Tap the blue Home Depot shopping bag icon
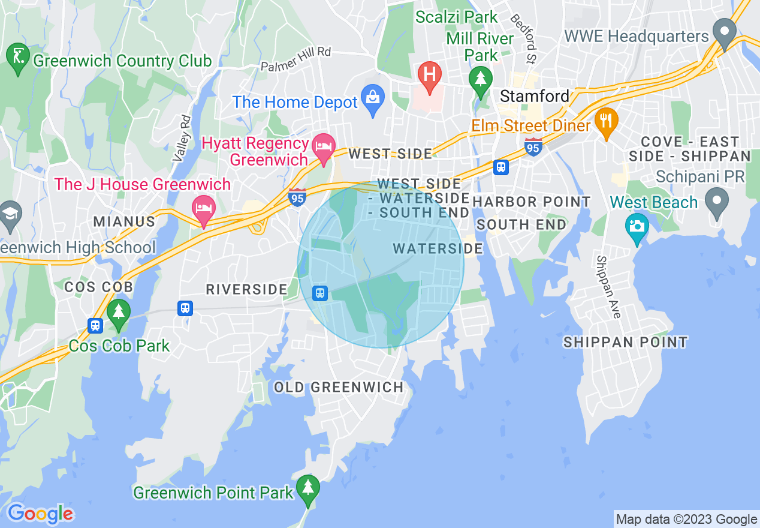pos(373,98)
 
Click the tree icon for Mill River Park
pos(480,79)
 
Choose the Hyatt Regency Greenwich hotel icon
pos(324,146)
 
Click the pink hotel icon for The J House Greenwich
pos(204,208)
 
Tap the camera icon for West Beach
pos(637,226)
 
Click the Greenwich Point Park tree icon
pos(308,488)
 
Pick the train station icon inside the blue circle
pos(320,293)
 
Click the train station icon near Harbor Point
pos(501,167)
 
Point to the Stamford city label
pos(535,96)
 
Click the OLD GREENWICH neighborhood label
pos(339,387)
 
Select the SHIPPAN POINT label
pos(626,342)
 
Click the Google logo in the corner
pos(40,514)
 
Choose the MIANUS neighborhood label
pos(124,222)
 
